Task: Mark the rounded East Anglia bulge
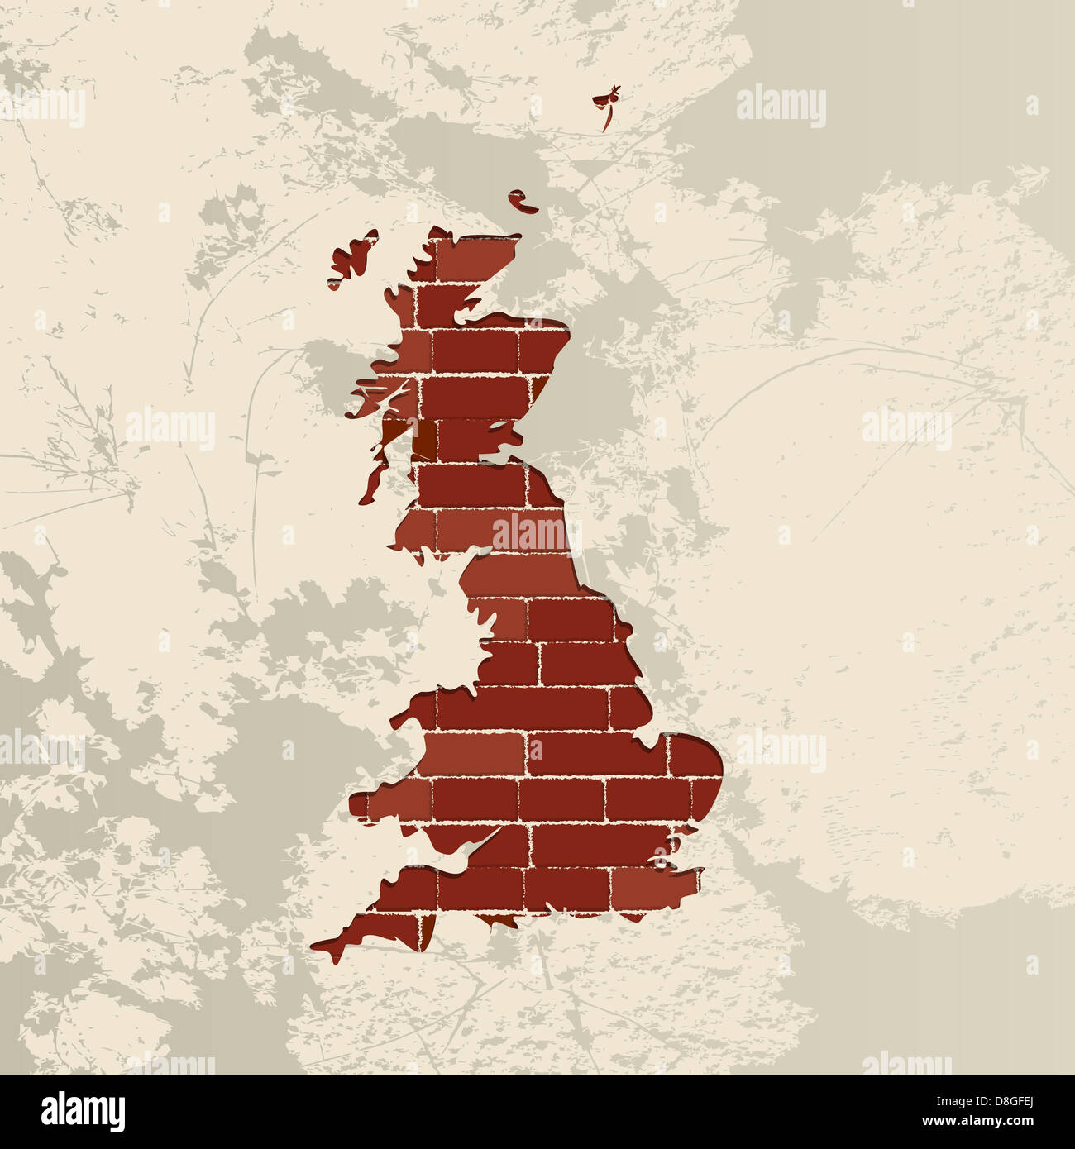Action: coord(703,765)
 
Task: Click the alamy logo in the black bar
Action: coord(83,1112)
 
